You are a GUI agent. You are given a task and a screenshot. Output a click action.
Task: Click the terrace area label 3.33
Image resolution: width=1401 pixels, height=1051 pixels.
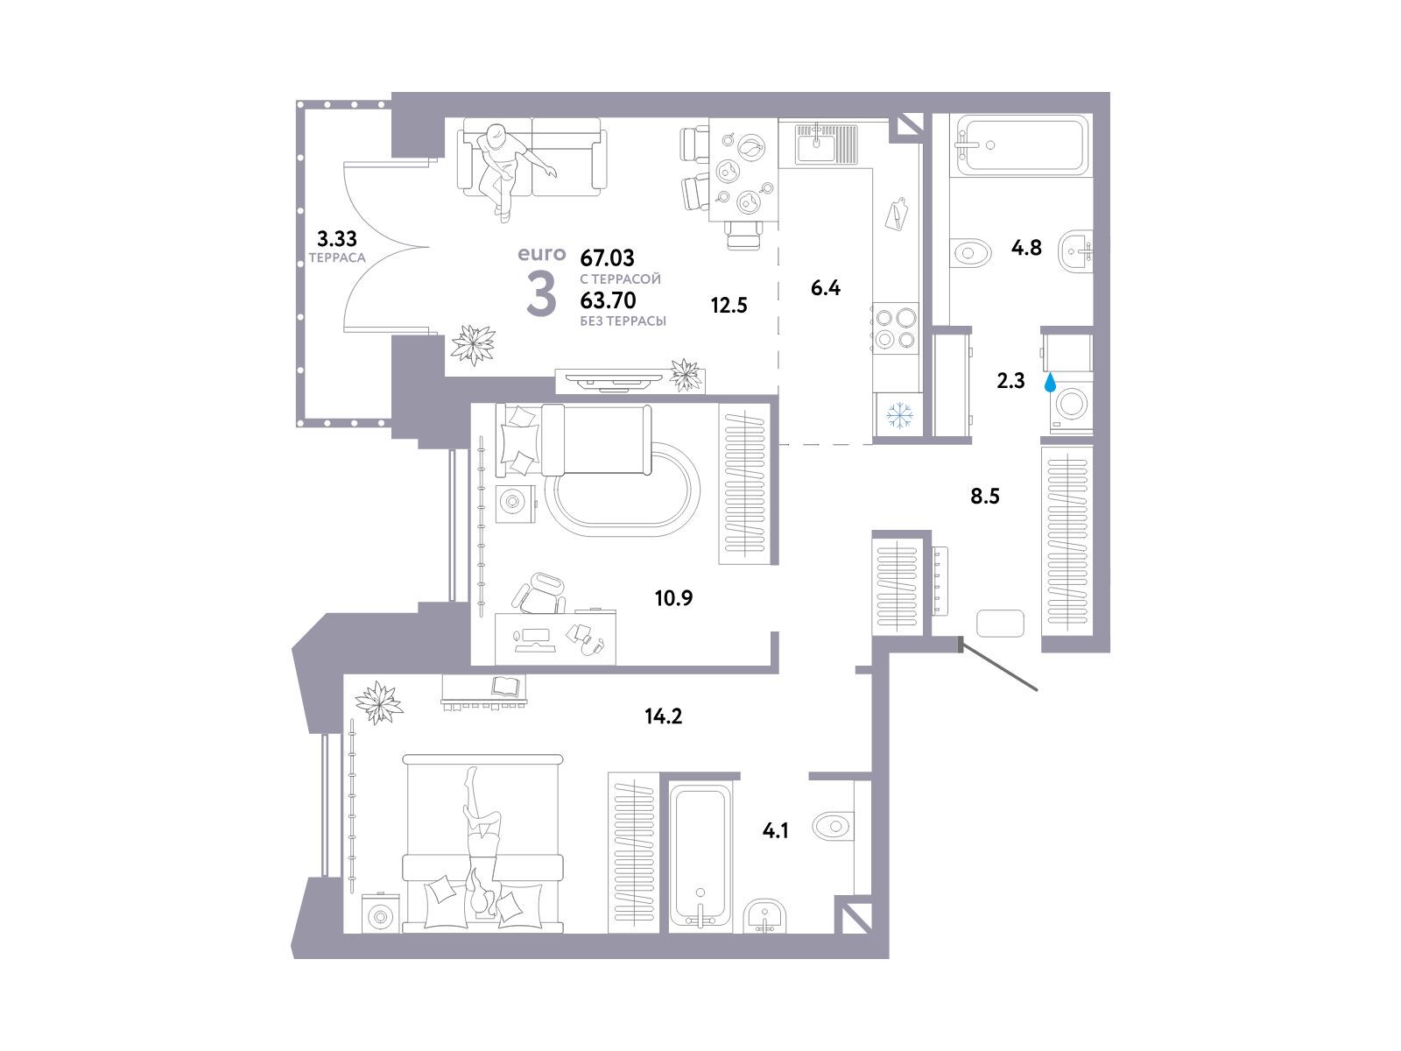pos(337,238)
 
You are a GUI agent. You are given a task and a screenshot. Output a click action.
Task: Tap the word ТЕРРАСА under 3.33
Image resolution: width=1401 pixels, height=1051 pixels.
pos(337,257)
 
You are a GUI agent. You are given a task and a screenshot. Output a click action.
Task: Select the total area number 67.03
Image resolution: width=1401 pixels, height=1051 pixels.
pos(607,257)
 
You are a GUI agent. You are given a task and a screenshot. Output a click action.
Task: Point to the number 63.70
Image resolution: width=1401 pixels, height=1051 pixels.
pos(608,300)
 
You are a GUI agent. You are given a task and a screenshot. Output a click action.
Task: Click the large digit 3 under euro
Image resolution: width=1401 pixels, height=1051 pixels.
pos(541,293)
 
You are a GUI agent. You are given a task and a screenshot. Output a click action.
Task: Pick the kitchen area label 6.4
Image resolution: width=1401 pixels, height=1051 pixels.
pos(826,288)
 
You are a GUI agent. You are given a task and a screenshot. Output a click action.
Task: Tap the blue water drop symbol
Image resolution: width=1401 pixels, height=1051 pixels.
pos(1049,383)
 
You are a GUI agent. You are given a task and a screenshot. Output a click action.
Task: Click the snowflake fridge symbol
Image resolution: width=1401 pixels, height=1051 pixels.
pos(900,415)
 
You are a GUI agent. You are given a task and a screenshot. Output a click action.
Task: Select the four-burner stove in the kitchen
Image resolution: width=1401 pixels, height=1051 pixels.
pos(896,328)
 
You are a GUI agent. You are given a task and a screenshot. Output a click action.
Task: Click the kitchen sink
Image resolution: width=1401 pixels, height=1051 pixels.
pos(826,144)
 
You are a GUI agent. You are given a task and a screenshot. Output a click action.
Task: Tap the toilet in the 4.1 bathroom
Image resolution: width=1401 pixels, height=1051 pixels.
pos(834,827)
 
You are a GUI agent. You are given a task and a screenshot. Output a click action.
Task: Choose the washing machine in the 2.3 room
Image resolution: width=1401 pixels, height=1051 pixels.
pos(1072,406)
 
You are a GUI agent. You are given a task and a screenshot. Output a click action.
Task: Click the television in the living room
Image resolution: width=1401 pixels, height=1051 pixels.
pos(618,382)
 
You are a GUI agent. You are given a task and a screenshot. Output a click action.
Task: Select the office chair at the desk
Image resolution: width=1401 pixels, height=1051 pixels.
pos(539,593)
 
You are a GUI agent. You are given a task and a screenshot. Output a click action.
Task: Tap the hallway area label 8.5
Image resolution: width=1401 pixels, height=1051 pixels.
pos(985,496)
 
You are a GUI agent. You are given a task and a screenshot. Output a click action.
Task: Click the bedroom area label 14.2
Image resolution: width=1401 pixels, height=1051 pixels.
pos(663,716)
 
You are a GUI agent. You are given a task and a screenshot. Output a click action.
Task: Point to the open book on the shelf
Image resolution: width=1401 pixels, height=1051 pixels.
pos(508,686)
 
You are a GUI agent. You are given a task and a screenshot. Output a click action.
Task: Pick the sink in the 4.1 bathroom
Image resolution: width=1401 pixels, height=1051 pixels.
pos(764,916)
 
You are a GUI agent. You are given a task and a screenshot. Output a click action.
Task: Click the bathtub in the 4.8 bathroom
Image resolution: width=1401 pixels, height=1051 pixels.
pos(1018,145)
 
